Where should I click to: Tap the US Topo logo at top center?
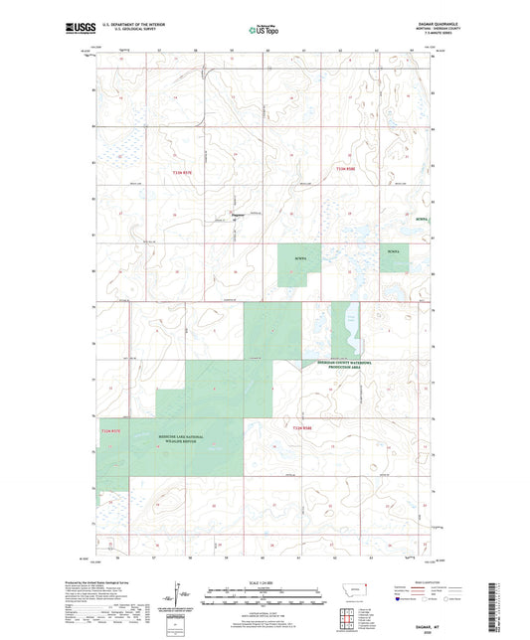point(264,31)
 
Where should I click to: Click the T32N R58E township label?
point(304,428)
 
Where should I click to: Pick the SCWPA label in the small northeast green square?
point(393,252)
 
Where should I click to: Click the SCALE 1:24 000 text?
point(264,582)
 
